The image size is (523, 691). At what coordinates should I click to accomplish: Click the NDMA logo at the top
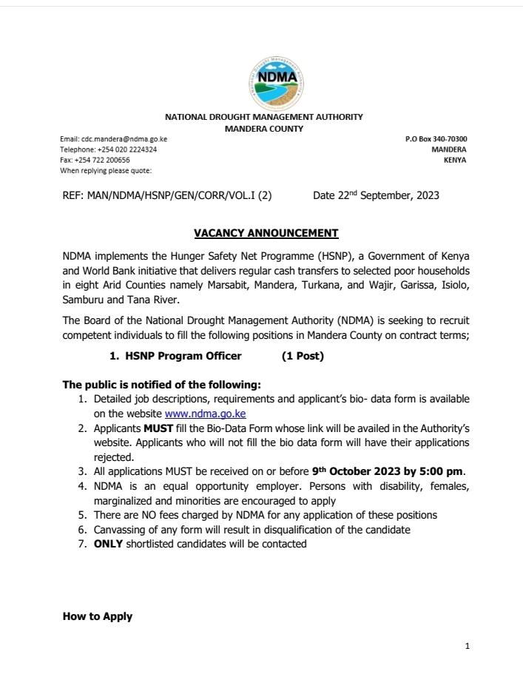coord(277,81)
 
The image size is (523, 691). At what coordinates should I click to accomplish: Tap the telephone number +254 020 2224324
coord(126,149)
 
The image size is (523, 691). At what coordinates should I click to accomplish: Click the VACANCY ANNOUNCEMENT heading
coord(266,233)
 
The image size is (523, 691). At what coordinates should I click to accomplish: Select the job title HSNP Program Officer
coord(183,356)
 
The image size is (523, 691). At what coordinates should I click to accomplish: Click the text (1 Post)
coord(303,356)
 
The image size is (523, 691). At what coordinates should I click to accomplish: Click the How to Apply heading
coord(98,616)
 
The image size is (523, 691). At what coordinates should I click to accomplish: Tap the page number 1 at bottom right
coord(468,646)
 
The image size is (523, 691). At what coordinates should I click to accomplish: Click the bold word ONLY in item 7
coord(108,544)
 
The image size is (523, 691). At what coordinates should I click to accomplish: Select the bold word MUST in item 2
coord(158,428)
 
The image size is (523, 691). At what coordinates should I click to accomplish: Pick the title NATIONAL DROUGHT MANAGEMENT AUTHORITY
coord(264,117)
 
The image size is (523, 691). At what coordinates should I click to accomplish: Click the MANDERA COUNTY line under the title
coord(264,128)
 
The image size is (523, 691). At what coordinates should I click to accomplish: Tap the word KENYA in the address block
coord(455,160)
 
